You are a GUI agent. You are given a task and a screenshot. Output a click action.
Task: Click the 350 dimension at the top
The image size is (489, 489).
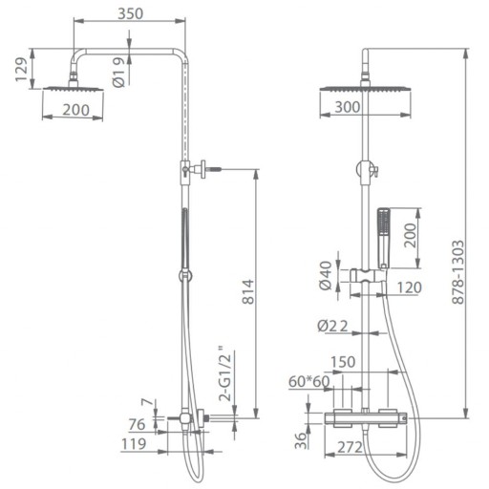[131, 13]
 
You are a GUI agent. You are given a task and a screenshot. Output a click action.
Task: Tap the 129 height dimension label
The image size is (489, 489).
[21, 70]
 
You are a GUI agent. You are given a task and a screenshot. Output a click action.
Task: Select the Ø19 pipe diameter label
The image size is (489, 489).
[118, 73]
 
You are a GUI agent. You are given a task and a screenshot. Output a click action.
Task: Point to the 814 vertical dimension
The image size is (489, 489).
[248, 291]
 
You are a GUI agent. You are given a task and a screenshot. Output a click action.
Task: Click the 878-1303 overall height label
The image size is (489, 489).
[458, 272]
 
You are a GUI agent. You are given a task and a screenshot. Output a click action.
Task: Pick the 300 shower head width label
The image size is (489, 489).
[348, 107]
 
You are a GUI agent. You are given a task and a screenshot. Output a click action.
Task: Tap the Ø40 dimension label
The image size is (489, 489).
[326, 276]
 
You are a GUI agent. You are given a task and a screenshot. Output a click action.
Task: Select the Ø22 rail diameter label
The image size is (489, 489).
[332, 326]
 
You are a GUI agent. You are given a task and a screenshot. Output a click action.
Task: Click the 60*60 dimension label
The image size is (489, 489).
[309, 381]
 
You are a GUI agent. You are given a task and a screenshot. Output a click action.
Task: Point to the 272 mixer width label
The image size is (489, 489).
[350, 447]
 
